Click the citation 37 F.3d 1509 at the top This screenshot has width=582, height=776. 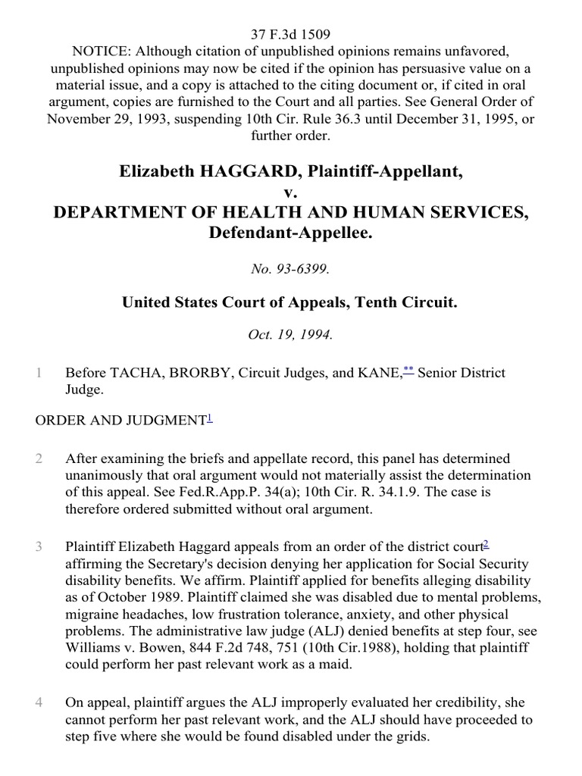click(291, 34)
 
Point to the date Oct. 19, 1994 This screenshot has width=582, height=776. click(291, 335)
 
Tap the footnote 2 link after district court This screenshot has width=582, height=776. click(487, 543)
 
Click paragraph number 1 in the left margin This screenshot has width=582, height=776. click(39, 374)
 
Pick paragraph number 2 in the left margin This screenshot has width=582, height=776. click(39, 458)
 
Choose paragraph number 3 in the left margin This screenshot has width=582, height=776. click(39, 546)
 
